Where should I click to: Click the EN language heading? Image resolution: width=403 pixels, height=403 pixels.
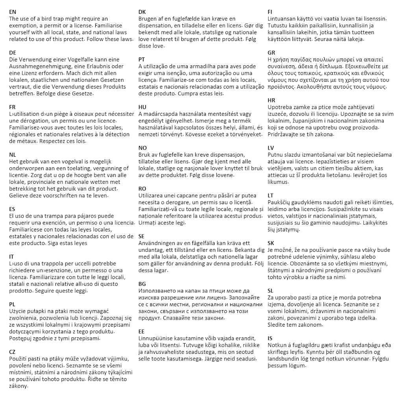coord(13,12)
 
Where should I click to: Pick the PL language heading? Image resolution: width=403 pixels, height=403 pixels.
coord(12,304)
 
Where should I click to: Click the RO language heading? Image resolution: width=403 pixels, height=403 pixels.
coord(142,189)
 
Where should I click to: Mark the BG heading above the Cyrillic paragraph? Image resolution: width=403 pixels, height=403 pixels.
coord(142,284)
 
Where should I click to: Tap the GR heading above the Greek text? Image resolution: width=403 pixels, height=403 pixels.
coord(272,53)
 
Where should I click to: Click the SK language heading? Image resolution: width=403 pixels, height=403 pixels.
coord(271,243)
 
